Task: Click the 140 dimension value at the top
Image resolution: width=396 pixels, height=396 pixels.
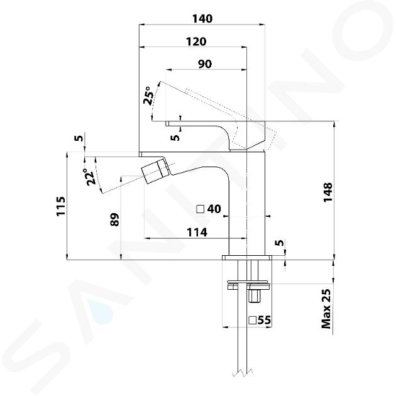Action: pyautogui.click(x=202, y=19)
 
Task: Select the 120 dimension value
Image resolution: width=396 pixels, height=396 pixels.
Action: pyautogui.click(x=196, y=41)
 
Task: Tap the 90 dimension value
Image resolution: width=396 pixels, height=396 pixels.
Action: pyautogui.click(x=205, y=64)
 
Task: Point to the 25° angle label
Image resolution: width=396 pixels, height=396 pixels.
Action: pyautogui.click(x=148, y=96)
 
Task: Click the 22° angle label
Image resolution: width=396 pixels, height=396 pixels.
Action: pyautogui.click(x=90, y=177)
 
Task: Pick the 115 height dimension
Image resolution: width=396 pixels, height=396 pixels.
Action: pyautogui.click(x=61, y=206)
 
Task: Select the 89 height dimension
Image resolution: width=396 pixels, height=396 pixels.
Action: pyautogui.click(x=114, y=219)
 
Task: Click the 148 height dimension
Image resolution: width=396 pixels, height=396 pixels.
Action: pyautogui.click(x=328, y=192)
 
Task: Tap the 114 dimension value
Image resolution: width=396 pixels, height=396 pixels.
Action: pyautogui.click(x=197, y=233)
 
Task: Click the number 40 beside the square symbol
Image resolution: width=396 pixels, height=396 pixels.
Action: pyautogui.click(x=214, y=209)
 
